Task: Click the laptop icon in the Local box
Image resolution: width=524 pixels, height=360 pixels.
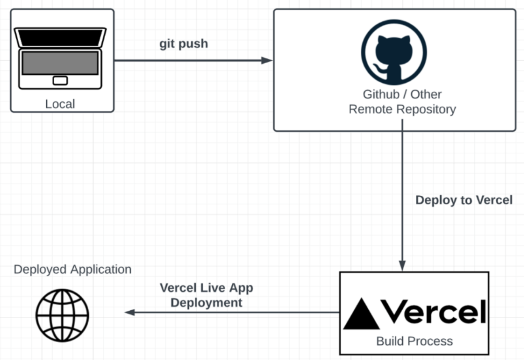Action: [x=60, y=58]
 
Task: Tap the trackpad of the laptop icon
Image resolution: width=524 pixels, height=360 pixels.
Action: [x=60, y=81]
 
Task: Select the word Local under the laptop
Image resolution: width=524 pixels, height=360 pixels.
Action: [x=60, y=104]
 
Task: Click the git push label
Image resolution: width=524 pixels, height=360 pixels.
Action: [x=184, y=44]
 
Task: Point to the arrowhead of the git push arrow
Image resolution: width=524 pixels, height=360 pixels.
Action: [x=267, y=60]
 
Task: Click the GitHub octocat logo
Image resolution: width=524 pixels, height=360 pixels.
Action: [x=394, y=52]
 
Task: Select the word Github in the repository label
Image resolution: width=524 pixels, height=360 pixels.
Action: [x=381, y=95]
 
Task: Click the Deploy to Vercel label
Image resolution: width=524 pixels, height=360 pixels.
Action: [x=464, y=200]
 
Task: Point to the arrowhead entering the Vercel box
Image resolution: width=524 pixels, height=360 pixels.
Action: [x=402, y=266]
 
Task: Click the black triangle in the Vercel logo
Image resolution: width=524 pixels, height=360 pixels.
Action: [x=361, y=314]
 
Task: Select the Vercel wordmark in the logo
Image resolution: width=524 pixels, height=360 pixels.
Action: [x=434, y=312]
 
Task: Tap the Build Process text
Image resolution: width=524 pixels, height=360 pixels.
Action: [x=415, y=341]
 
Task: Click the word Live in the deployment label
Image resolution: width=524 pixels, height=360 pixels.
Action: [x=213, y=288]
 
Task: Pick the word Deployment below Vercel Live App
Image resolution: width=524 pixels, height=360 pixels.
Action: [x=206, y=303]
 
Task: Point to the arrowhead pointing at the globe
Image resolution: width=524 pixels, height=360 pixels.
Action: [x=130, y=312]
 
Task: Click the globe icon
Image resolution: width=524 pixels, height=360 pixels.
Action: [x=62, y=315]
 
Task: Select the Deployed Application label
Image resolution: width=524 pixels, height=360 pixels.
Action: [x=73, y=270]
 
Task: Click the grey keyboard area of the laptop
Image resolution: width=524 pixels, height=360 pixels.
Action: [x=60, y=63]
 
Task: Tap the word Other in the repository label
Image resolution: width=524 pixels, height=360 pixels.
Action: [x=426, y=95]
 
